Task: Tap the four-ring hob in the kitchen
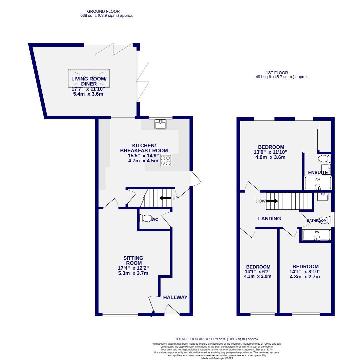coord(165,160)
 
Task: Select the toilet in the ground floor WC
coord(145,218)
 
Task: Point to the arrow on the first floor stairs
coord(272,201)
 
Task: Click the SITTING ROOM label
coord(133,260)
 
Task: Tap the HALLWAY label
coord(175,297)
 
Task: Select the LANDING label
coord(270,219)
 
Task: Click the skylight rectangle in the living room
coord(89,78)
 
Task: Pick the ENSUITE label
coord(318,172)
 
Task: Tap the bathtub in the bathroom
coord(316,235)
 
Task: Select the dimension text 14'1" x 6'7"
coord(258,272)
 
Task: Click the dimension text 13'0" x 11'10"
coord(271,152)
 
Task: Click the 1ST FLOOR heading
coord(277,72)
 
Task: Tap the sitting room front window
coord(120,314)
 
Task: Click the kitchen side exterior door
coord(196,178)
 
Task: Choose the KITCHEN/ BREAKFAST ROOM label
coord(144,148)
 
